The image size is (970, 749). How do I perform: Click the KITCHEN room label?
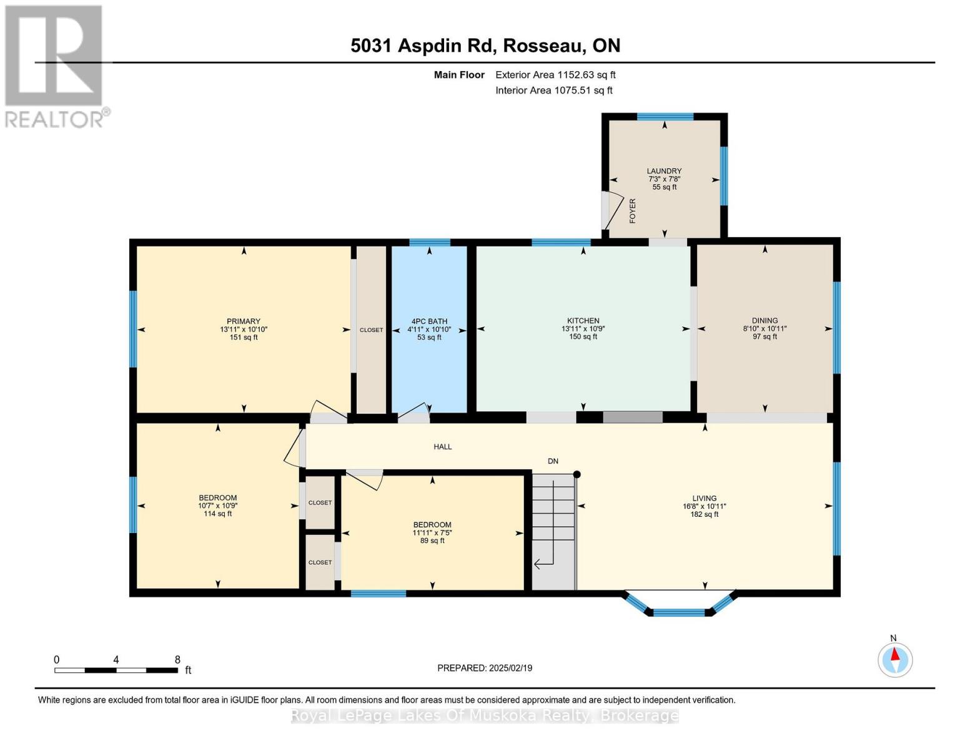[x=583, y=321]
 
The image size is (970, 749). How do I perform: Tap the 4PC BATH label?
[x=429, y=321]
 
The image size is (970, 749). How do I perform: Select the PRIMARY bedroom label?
[x=244, y=321]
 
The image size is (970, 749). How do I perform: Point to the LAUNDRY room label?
[x=664, y=171]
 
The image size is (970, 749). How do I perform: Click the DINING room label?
[x=765, y=320]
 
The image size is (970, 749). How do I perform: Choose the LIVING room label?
[x=705, y=498]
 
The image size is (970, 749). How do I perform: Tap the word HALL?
[x=443, y=446]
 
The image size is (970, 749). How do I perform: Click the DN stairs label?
[x=553, y=461]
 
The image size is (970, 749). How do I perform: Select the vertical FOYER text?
[x=633, y=211]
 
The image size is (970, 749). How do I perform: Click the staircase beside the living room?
[x=553, y=532]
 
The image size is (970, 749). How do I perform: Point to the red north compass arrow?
[x=895, y=654]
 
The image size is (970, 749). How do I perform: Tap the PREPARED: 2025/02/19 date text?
[x=485, y=668]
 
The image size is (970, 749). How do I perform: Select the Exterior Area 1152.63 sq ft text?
[x=555, y=75]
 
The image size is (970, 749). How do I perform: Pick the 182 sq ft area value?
[x=705, y=514]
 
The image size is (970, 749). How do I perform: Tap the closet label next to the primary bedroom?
[x=372, y=330]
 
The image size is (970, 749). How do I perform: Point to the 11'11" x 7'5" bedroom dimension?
[x=432, y=532]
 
